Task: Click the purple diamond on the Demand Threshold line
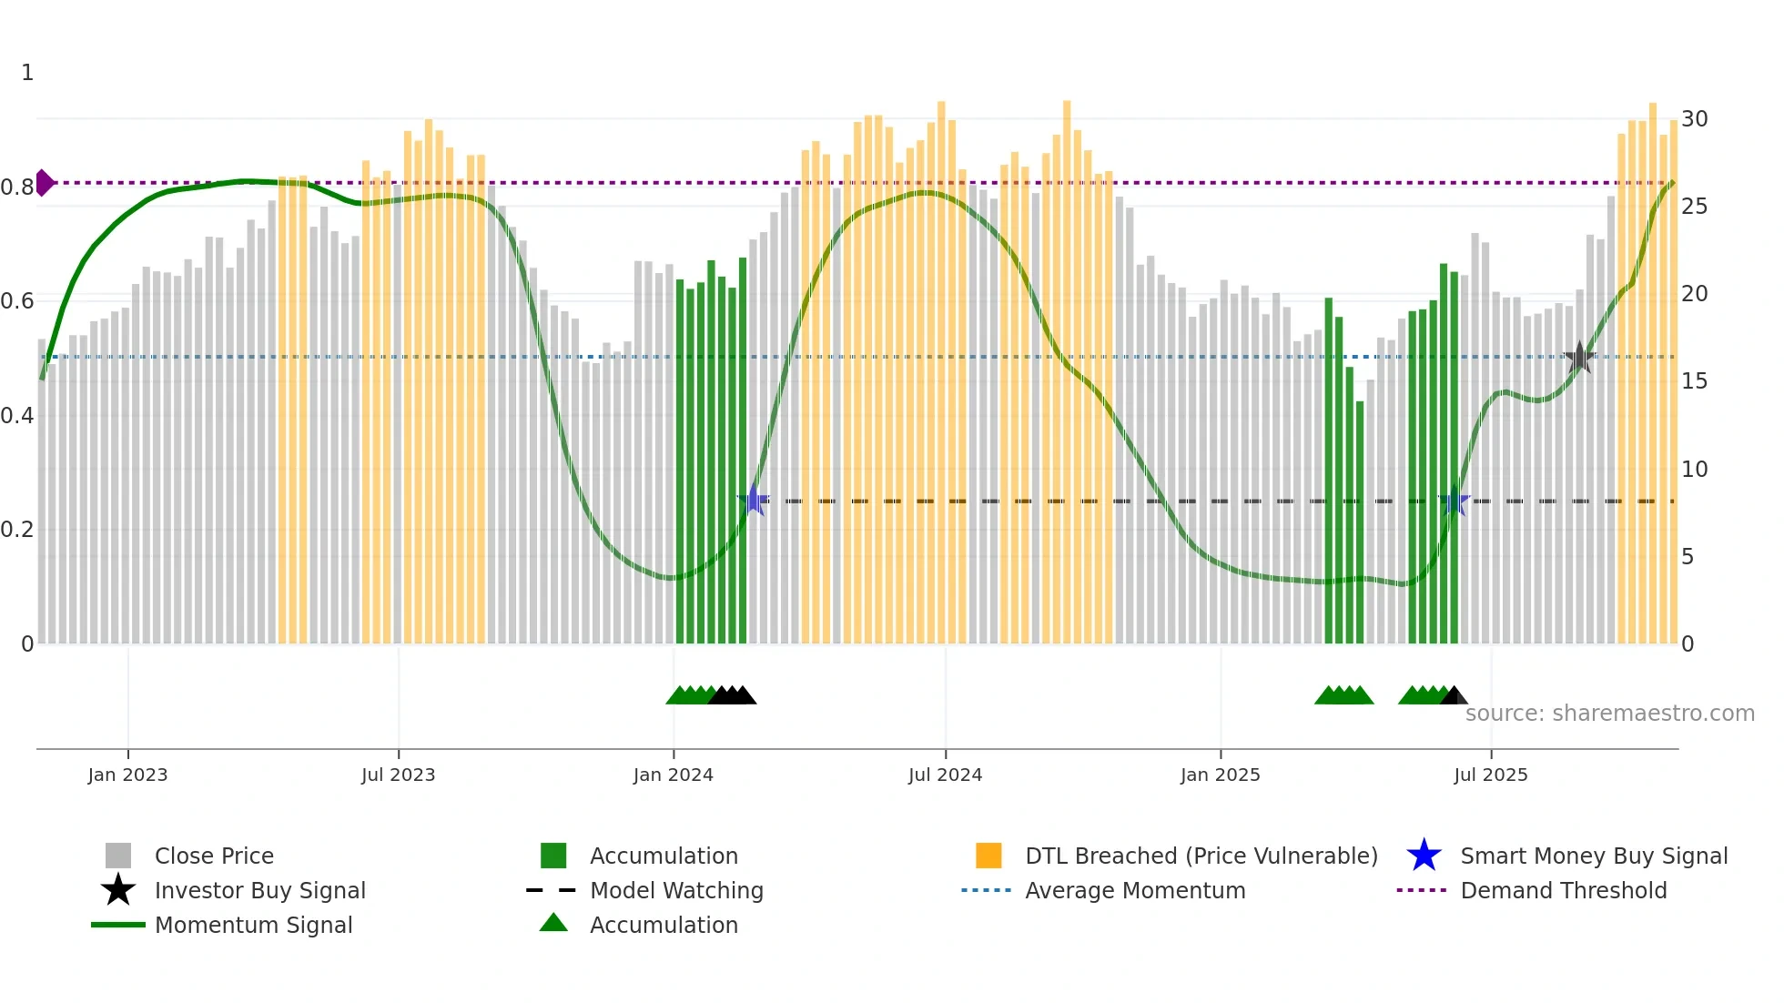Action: click(x=45, y=183)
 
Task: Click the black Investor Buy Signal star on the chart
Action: click(x=1579, y=358)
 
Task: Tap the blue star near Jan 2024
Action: click(x=754, y=501)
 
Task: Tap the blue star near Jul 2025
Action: click(x=1455, y=501)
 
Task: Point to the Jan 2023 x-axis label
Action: click(x=127, y=775)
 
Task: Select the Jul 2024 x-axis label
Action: click(x=945, y=775)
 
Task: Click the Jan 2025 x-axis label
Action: click(x=1220, y=775)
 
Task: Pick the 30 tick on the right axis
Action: click(x=1694, y=119)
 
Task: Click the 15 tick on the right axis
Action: click(x=1694, y=381)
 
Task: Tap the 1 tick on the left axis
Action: click(x=27, y=73)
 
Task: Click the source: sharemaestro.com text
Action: click(x=1609, y=714)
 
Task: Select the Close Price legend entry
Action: click(x=214, y=856)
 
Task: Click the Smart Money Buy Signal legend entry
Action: click(x=1593, y=856)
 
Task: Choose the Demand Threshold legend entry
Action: click(x=1563, y=891)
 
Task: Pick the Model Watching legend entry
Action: click(x=676, y=891)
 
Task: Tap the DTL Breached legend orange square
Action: click(x=988, y=856)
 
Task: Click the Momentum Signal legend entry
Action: click(x=253, y=926)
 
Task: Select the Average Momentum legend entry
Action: click(x=1134, y=891)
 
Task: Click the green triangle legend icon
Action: click(x=553, y=924)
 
